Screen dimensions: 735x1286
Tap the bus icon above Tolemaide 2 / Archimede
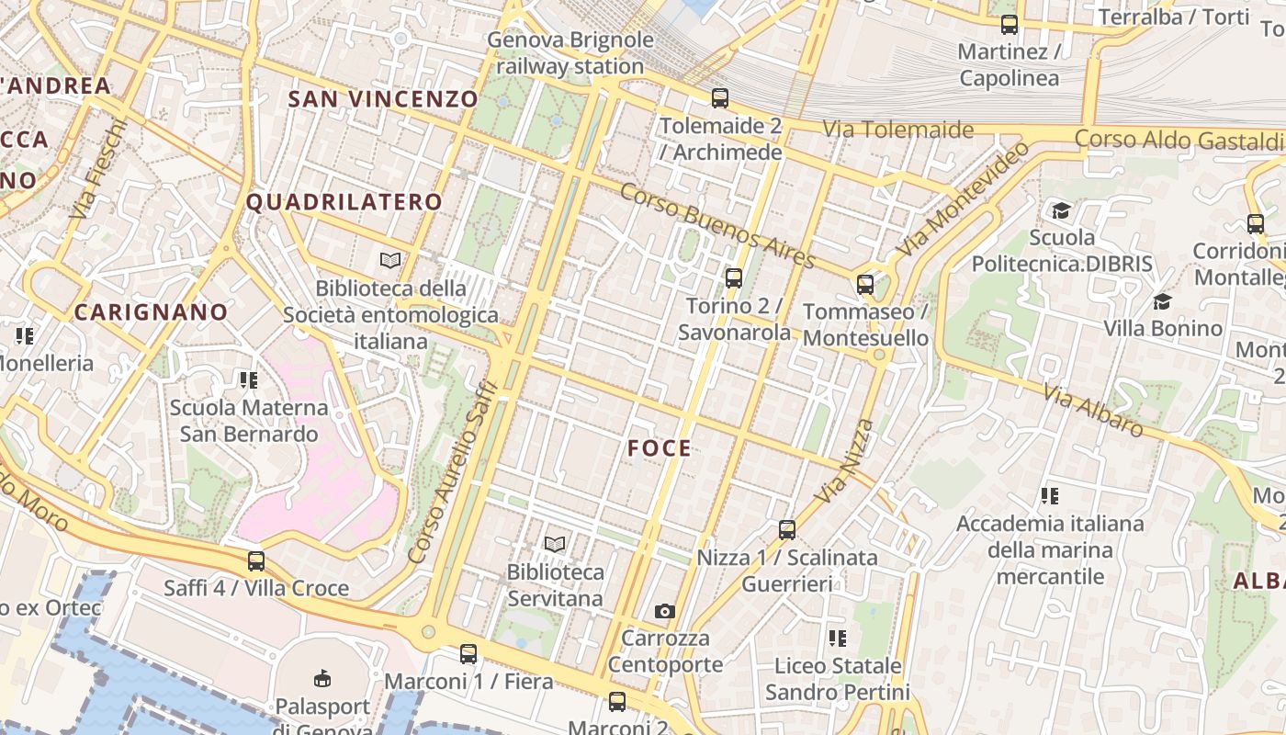tap(720, 97)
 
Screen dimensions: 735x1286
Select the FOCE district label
tap(660, 448)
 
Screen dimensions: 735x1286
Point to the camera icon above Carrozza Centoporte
tap(664, 611)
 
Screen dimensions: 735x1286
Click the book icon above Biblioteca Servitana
tap(554, 544)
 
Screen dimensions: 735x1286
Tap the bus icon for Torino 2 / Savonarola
tap(733, 277)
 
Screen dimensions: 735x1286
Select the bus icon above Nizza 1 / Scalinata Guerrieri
tap(786, 529)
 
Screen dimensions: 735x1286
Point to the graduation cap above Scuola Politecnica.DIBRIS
tap(1061, 210)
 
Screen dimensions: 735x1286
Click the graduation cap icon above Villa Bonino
tap(1162, 301)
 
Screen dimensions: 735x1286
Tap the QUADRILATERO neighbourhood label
tap(344, 202)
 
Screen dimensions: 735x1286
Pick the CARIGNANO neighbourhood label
tap(151, 312)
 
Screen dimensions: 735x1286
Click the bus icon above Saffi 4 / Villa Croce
tap(256, 560)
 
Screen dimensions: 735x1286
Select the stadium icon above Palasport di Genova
tap(322, 679)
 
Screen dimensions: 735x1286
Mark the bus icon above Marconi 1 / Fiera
tap(468, 654)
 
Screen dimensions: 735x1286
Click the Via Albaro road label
tap(1093, 409)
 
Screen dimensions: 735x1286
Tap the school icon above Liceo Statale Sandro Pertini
tap(837, 638)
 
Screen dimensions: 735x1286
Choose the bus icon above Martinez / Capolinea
tap(1010, 25)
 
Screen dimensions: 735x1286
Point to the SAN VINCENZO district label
tap(384, 99)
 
